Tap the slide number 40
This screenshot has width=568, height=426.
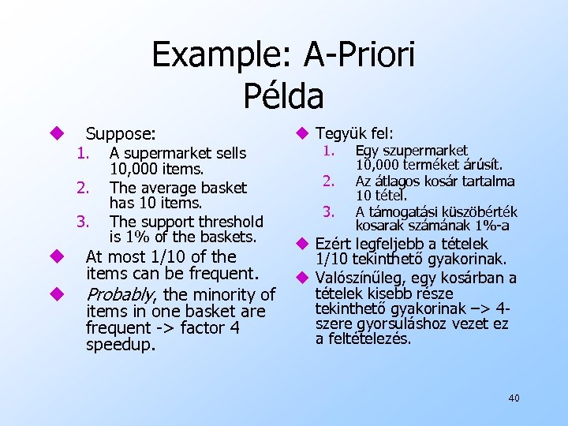514,398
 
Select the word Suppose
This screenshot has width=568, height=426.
120,133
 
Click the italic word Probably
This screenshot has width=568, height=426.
121,295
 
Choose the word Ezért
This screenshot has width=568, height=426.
334,244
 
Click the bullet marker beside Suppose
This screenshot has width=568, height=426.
56,133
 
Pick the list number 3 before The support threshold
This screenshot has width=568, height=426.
80,222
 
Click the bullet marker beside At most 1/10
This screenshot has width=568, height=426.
56,256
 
